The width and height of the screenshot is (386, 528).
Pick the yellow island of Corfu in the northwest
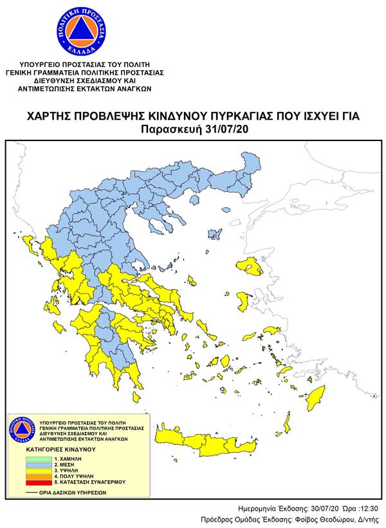[x=29, y=244]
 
